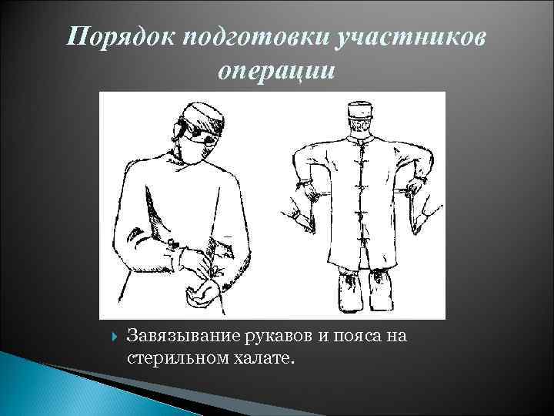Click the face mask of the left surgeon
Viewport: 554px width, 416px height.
(x=195, y=149)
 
